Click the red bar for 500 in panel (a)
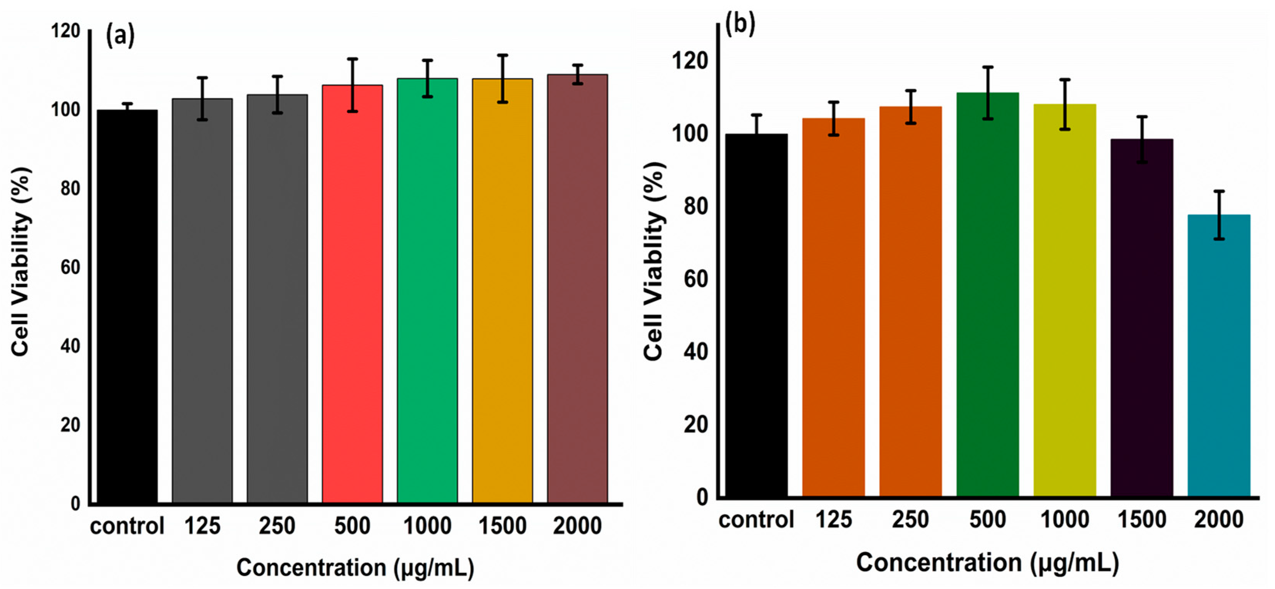coord(352,297)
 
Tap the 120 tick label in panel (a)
coord(66,31)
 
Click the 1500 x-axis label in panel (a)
coord(502,526)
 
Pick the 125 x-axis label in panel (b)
coord(833,520)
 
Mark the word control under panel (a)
coord(127,526)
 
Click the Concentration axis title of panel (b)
coord(987,563)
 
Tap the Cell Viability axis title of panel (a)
coord(21,262)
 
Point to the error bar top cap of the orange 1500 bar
coord(503,55)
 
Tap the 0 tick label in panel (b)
coord(702,497)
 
